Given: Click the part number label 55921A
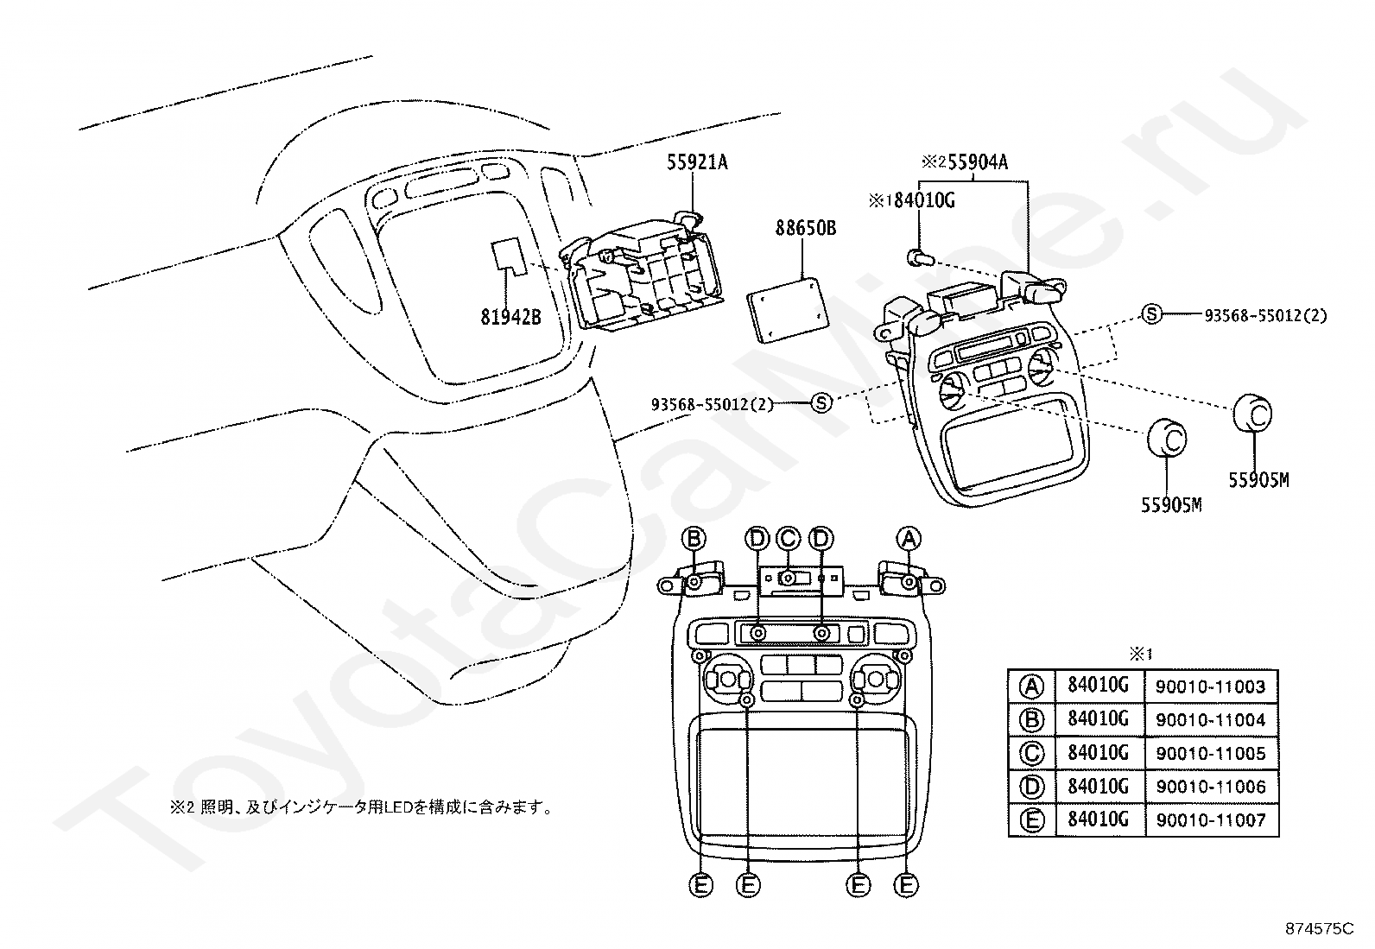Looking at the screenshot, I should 697,161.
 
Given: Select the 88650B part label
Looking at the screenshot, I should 805,229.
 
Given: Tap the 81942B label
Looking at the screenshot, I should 510,316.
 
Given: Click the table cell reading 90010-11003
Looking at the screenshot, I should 1211,686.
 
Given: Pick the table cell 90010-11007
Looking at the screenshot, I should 1211,819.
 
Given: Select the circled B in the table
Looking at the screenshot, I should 1031,719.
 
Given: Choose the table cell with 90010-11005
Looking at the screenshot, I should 1211,753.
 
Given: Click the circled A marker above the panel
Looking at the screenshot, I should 908,539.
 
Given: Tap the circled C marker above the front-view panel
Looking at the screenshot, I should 788,539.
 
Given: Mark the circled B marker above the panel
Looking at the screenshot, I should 694,539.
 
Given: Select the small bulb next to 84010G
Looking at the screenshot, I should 917,256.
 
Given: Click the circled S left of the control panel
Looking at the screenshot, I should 821,402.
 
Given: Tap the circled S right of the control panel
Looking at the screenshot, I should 1151,315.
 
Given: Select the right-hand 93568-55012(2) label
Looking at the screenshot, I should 1265,316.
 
